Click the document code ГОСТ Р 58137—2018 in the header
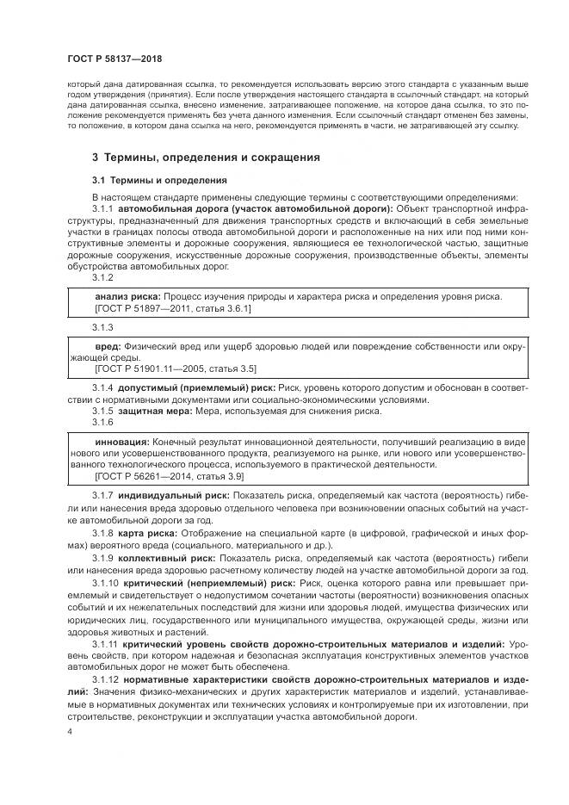coord(114,59)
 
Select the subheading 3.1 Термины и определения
coord(159,182)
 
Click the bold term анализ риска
coord(127,296)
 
